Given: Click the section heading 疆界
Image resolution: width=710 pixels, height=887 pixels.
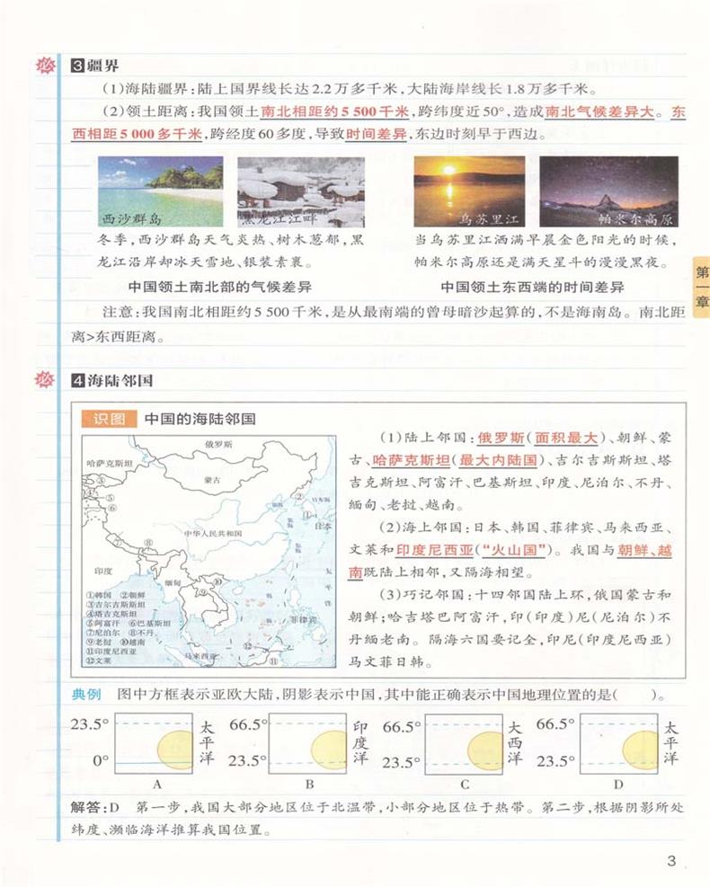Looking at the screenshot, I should (103, 66).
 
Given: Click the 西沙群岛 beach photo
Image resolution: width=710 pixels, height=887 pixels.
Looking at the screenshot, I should (160, 191).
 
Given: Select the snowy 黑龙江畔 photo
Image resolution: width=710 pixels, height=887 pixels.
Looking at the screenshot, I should (300, 191).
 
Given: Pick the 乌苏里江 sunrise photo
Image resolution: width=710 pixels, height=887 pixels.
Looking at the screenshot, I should (469, 191).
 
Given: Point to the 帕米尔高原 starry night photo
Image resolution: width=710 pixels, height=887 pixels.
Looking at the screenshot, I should (608, 191).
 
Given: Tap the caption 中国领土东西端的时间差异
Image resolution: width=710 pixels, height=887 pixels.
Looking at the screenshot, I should (532, 288).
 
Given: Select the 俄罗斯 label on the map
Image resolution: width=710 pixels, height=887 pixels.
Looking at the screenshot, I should (218, 445).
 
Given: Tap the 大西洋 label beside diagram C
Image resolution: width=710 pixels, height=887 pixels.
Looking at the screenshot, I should (513, 742).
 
